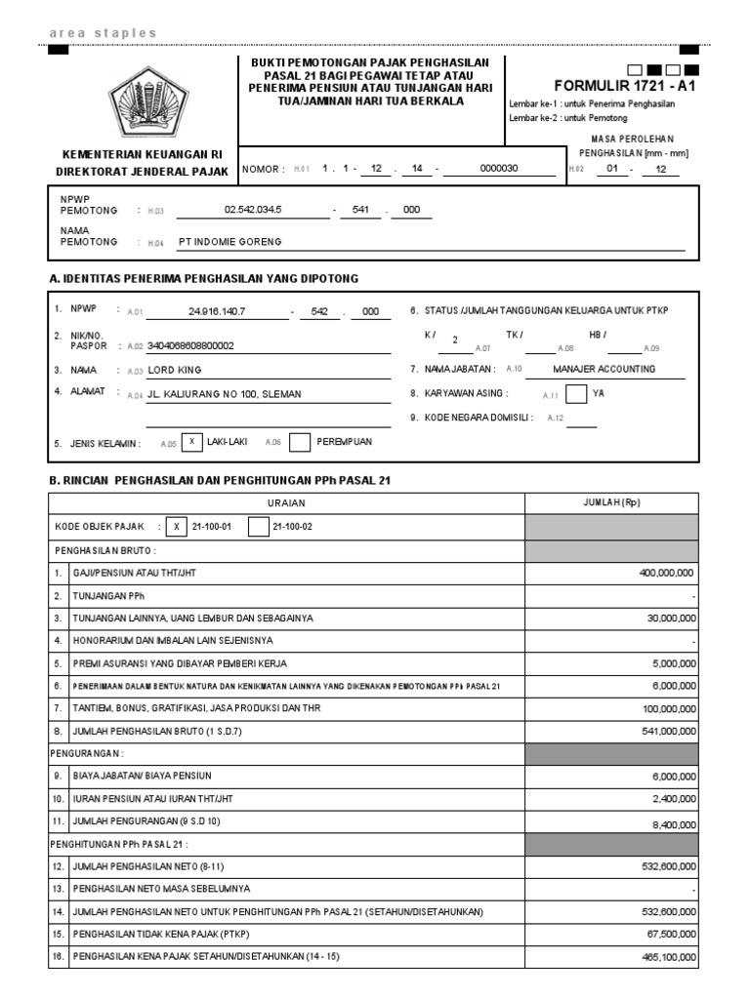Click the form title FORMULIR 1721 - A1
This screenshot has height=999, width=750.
pyautogui.click(x=624, y=85)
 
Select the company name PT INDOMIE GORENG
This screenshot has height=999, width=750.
pyautogui.click(x=229, y=242)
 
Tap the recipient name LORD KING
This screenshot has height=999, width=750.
pyautogui.click(x=175, y=371)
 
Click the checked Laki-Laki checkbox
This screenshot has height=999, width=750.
pyautogui.click(x=191, y=442)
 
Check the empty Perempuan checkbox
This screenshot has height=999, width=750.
pyautogui.click(x=299, y=442)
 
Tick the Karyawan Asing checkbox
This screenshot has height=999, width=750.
pyautogui.click(x=576, y=394)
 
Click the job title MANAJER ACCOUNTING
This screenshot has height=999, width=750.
pyautogui.click(x=604, y=369)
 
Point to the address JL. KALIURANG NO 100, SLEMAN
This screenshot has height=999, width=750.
pyautogui.click(x=224, y=394)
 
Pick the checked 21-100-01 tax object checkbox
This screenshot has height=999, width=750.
pyautogui.click(x=177, y=527)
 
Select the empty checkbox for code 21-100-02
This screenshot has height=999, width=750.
pyautogui.click(x=258, y=527)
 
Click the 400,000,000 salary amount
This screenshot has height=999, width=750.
pyautogui.click(x=667, y=574)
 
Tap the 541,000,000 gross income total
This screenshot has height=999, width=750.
pyautogui.click(x=667, y=732)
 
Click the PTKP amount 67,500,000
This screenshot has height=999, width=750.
pyautogui.click(x=670, y=935)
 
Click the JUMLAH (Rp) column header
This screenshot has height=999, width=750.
pyautogui.click(x=612, y=502)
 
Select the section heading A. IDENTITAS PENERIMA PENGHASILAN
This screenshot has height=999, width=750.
pyautogui.click(x=203, y=279)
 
